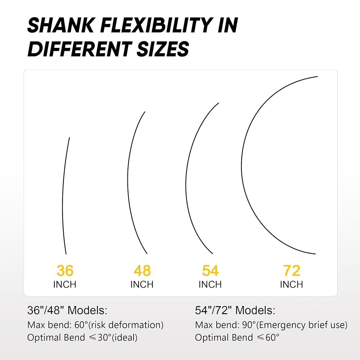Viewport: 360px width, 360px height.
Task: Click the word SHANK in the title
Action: pyautogui.click(x=61, y=25)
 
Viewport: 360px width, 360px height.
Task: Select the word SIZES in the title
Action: pyautogui.click(x=163, y=49)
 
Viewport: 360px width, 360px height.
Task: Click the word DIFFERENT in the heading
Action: pyautogui.click(x=80, y=49)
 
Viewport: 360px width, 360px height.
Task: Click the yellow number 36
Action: pyautogui.click(x=65, y=270)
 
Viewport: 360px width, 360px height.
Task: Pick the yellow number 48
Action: pyautogui.click(x=142, y=270)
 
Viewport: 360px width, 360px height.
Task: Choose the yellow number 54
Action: pyautogui.click(x=210, y=270)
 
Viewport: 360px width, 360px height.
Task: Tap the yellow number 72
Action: pyautogui.click(x=292, y=270)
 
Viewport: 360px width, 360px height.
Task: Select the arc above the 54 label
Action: pyautogui.click(x=186, y=184)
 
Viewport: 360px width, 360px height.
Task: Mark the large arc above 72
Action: pyautogui.click(x=242, y=165)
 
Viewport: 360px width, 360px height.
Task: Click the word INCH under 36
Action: pyautogui.click(x=65, y=284)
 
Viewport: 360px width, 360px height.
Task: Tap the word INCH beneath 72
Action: pyautogui.click(x=292, y=284)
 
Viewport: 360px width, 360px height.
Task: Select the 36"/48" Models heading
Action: pyautogui.click(x=67, y=310)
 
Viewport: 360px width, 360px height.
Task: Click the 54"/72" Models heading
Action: pyautogui.click(x=235, y=310)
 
